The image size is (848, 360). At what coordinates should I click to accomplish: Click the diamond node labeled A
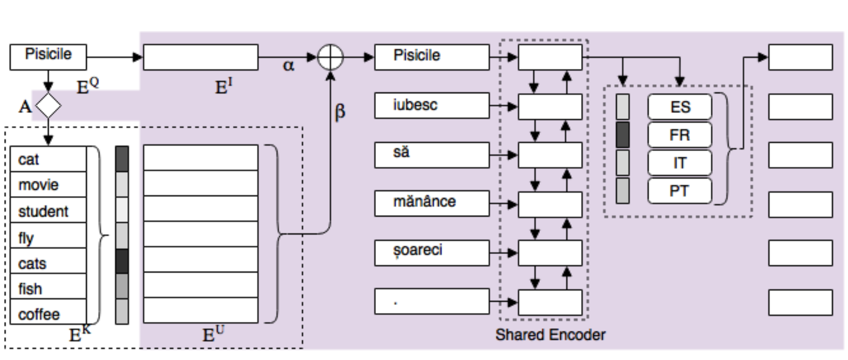point(48,105)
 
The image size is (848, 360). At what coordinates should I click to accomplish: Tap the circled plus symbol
point(330,57)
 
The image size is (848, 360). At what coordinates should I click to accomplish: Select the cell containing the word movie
point(48,185)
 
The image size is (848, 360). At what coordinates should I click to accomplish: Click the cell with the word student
point(48,210)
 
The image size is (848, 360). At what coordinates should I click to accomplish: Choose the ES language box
point(680,107)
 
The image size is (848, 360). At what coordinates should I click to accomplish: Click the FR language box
point(680,135)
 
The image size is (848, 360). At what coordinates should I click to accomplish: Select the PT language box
point(680,191)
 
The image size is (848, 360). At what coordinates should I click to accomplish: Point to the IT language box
point(680,163)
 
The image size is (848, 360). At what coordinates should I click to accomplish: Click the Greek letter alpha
point(288,65)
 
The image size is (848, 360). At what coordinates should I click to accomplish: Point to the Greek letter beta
point(340,112)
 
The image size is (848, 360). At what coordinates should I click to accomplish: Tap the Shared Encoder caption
point(550,335)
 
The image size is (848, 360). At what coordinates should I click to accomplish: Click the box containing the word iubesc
point(431,105)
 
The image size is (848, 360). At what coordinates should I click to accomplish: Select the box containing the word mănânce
point(431,203)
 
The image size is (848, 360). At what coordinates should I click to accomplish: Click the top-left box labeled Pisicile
point(48,56)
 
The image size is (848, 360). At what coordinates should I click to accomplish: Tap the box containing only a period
point(431,301)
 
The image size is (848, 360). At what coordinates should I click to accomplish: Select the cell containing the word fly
point(48,236)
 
